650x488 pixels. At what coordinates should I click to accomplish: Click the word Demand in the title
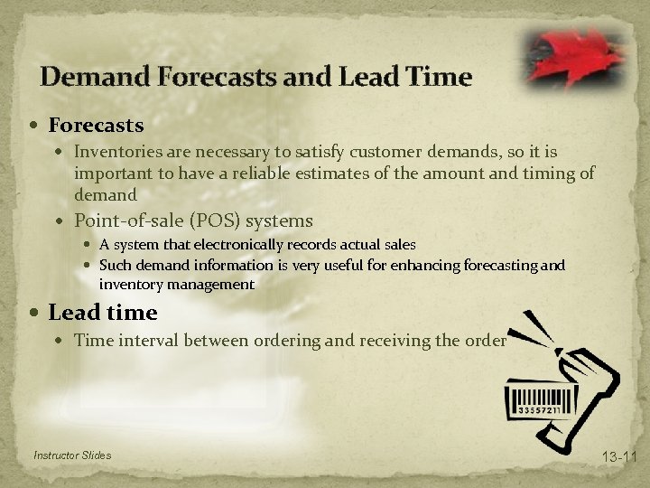pyautogui.click(x=94, y=77)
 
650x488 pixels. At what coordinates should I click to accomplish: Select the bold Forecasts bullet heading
pyautogui.click(x=96, y=123)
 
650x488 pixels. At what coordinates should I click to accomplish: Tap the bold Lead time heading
pyautogui.click(x=103, y=313)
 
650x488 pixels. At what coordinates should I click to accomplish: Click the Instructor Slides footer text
pyautogui.click(x=72, y=455)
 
